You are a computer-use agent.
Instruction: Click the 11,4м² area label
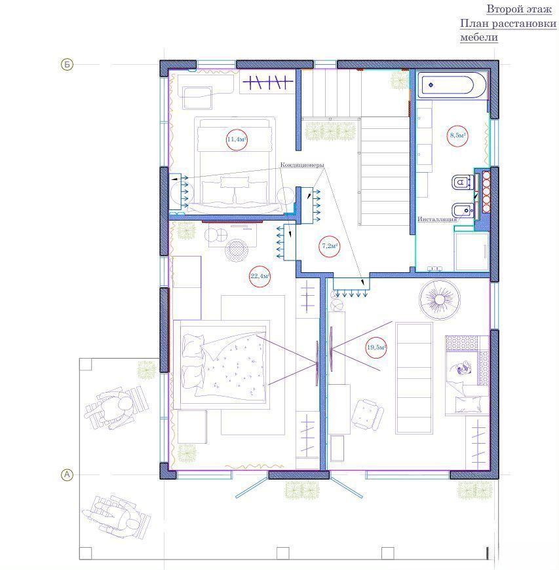click(237, 139)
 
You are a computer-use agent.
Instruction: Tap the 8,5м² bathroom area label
click(458, 135)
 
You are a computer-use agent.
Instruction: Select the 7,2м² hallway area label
click(330, 246)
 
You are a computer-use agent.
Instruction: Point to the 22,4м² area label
click(260, 276)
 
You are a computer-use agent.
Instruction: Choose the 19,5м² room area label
click(376, 347)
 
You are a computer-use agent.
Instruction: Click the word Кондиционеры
click(302, 165)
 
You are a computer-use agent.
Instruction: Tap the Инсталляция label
click(436, 219)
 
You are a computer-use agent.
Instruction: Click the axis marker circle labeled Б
click(67, 65)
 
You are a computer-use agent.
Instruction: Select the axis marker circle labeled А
click(67, 474)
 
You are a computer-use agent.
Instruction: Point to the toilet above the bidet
click(463, 182)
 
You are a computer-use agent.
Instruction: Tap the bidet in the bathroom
click(463, 211)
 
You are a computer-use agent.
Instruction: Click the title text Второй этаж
click(519, 9)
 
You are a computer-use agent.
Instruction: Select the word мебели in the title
click(479, 37)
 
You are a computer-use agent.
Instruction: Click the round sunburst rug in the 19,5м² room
click(440, 300)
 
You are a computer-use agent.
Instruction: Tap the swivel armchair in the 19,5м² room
click(368, 414)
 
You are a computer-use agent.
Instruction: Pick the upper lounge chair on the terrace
click(117, 408)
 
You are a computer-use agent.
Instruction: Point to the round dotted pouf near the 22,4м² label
click(237, 250)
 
